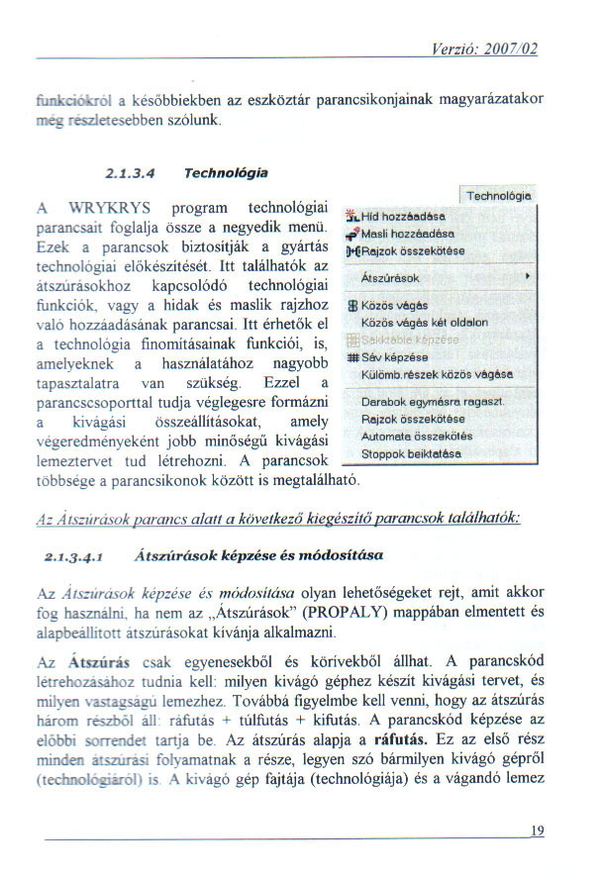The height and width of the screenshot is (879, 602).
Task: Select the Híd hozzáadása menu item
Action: (x=401, y=216)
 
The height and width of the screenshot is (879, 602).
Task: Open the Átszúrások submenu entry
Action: (x=391, y=278)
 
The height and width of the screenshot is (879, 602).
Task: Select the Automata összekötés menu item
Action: (x=417, y=435)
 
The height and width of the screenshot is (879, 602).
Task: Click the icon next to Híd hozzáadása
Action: (x=351, y=216)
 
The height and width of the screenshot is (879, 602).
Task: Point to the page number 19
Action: (x=537, y=830)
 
